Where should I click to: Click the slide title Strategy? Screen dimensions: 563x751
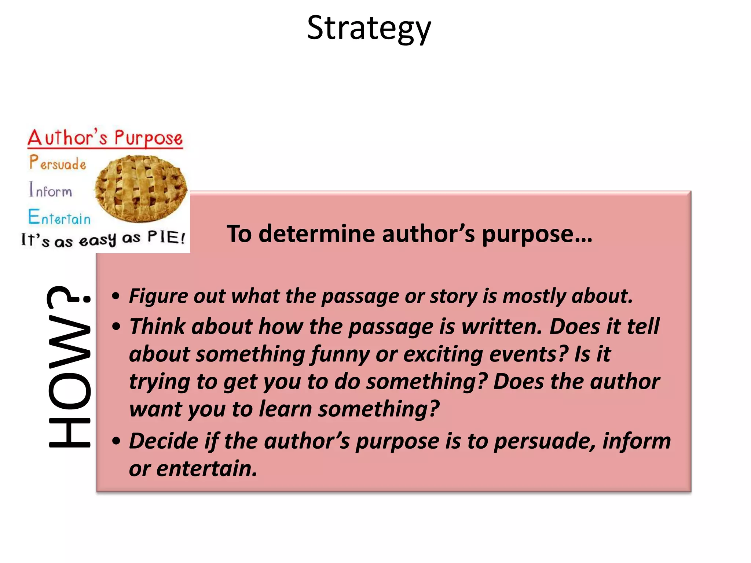point(369,29)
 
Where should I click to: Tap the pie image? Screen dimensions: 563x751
point(141,188)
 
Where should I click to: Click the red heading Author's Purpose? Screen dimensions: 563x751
point(105,138)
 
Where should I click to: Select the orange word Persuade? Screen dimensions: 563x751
point(58,163)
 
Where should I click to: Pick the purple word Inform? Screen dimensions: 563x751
point(51,190)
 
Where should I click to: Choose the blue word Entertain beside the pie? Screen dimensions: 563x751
point(59,217)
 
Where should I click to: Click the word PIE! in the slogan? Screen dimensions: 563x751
point(166,238)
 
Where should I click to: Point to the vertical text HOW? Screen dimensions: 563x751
point(69,367)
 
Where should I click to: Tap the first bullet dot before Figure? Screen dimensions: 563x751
point(116,296)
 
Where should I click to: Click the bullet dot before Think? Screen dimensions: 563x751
point(116,326)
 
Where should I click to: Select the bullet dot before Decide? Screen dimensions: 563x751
point(116,441)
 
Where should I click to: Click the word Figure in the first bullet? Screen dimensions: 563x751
point(158,296)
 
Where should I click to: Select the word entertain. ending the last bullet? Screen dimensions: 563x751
point(207,468)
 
